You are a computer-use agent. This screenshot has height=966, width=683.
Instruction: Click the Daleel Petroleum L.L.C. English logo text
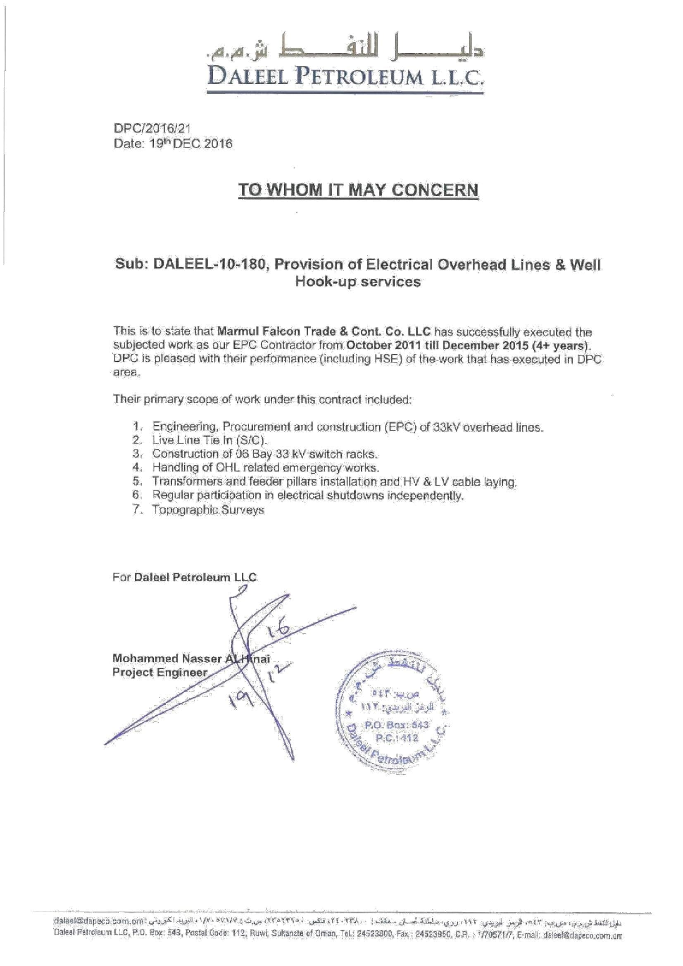click(x=344, y=76)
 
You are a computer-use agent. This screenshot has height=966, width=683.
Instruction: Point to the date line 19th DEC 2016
click(x=173, y=144)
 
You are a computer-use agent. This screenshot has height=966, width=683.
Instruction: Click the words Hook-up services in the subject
click(x=358, y=281)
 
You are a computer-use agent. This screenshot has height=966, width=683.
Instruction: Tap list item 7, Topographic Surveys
click(x=208, y=510)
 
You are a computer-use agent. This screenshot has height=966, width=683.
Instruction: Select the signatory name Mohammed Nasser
click(x=167, y=659)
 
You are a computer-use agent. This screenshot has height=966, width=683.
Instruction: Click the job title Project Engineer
click(x=159, y=672)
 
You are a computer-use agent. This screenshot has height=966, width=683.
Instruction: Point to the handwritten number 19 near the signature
click(x=241, y=700)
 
